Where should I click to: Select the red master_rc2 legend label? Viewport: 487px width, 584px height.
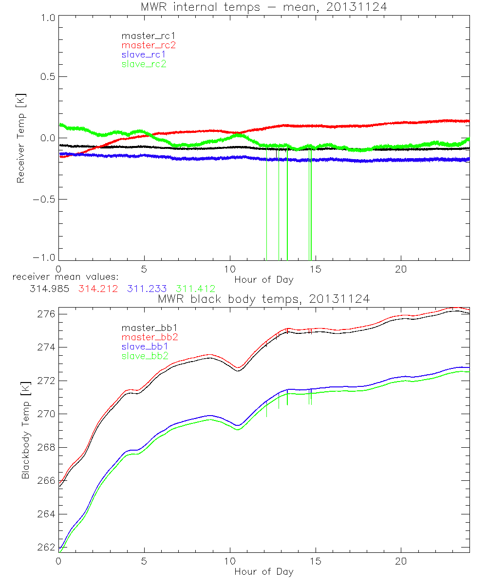[148, 45]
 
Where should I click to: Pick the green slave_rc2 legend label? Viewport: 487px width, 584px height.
[144, 64]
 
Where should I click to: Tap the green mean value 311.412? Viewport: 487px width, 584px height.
[196, 289]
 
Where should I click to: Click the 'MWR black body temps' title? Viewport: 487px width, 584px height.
[263, 299]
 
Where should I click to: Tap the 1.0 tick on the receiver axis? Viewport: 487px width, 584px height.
[47, 17]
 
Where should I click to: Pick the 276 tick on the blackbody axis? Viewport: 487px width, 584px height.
[46, 314]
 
